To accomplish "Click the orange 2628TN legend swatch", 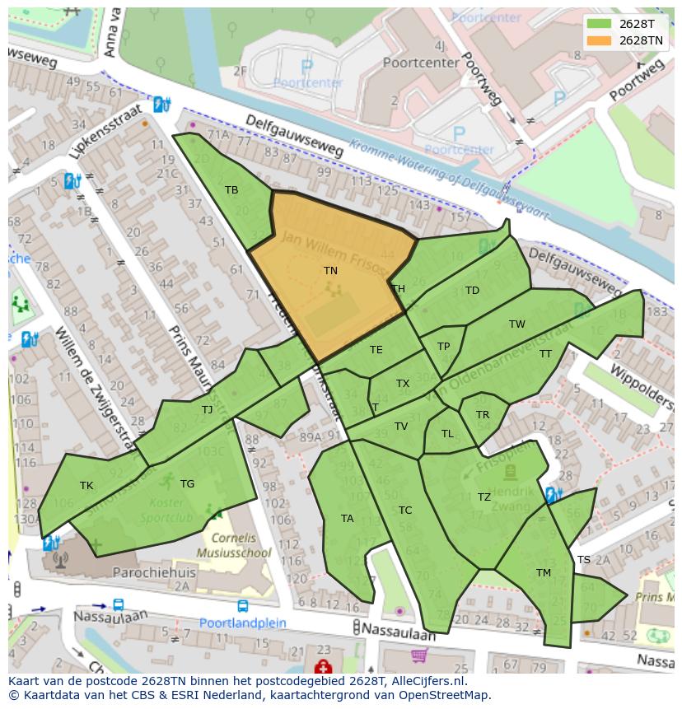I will tap(599, 40).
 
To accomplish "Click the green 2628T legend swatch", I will tap(599, 24).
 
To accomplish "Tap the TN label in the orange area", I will tap(330, 270).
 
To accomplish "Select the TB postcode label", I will tap(231, 190).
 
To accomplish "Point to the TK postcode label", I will tap(86, 486).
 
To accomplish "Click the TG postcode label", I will tap(187, 484).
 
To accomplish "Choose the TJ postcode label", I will tap(207, 409).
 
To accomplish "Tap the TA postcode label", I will tap(347, 519).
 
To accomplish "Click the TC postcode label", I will tap(404, 511).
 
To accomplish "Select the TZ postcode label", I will tap(483, 497).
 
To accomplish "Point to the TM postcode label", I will tap(543, 573).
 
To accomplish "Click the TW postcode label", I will tap(516, 324).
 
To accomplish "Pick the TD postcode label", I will tap(472, 291).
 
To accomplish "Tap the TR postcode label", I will tap(483, 415).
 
